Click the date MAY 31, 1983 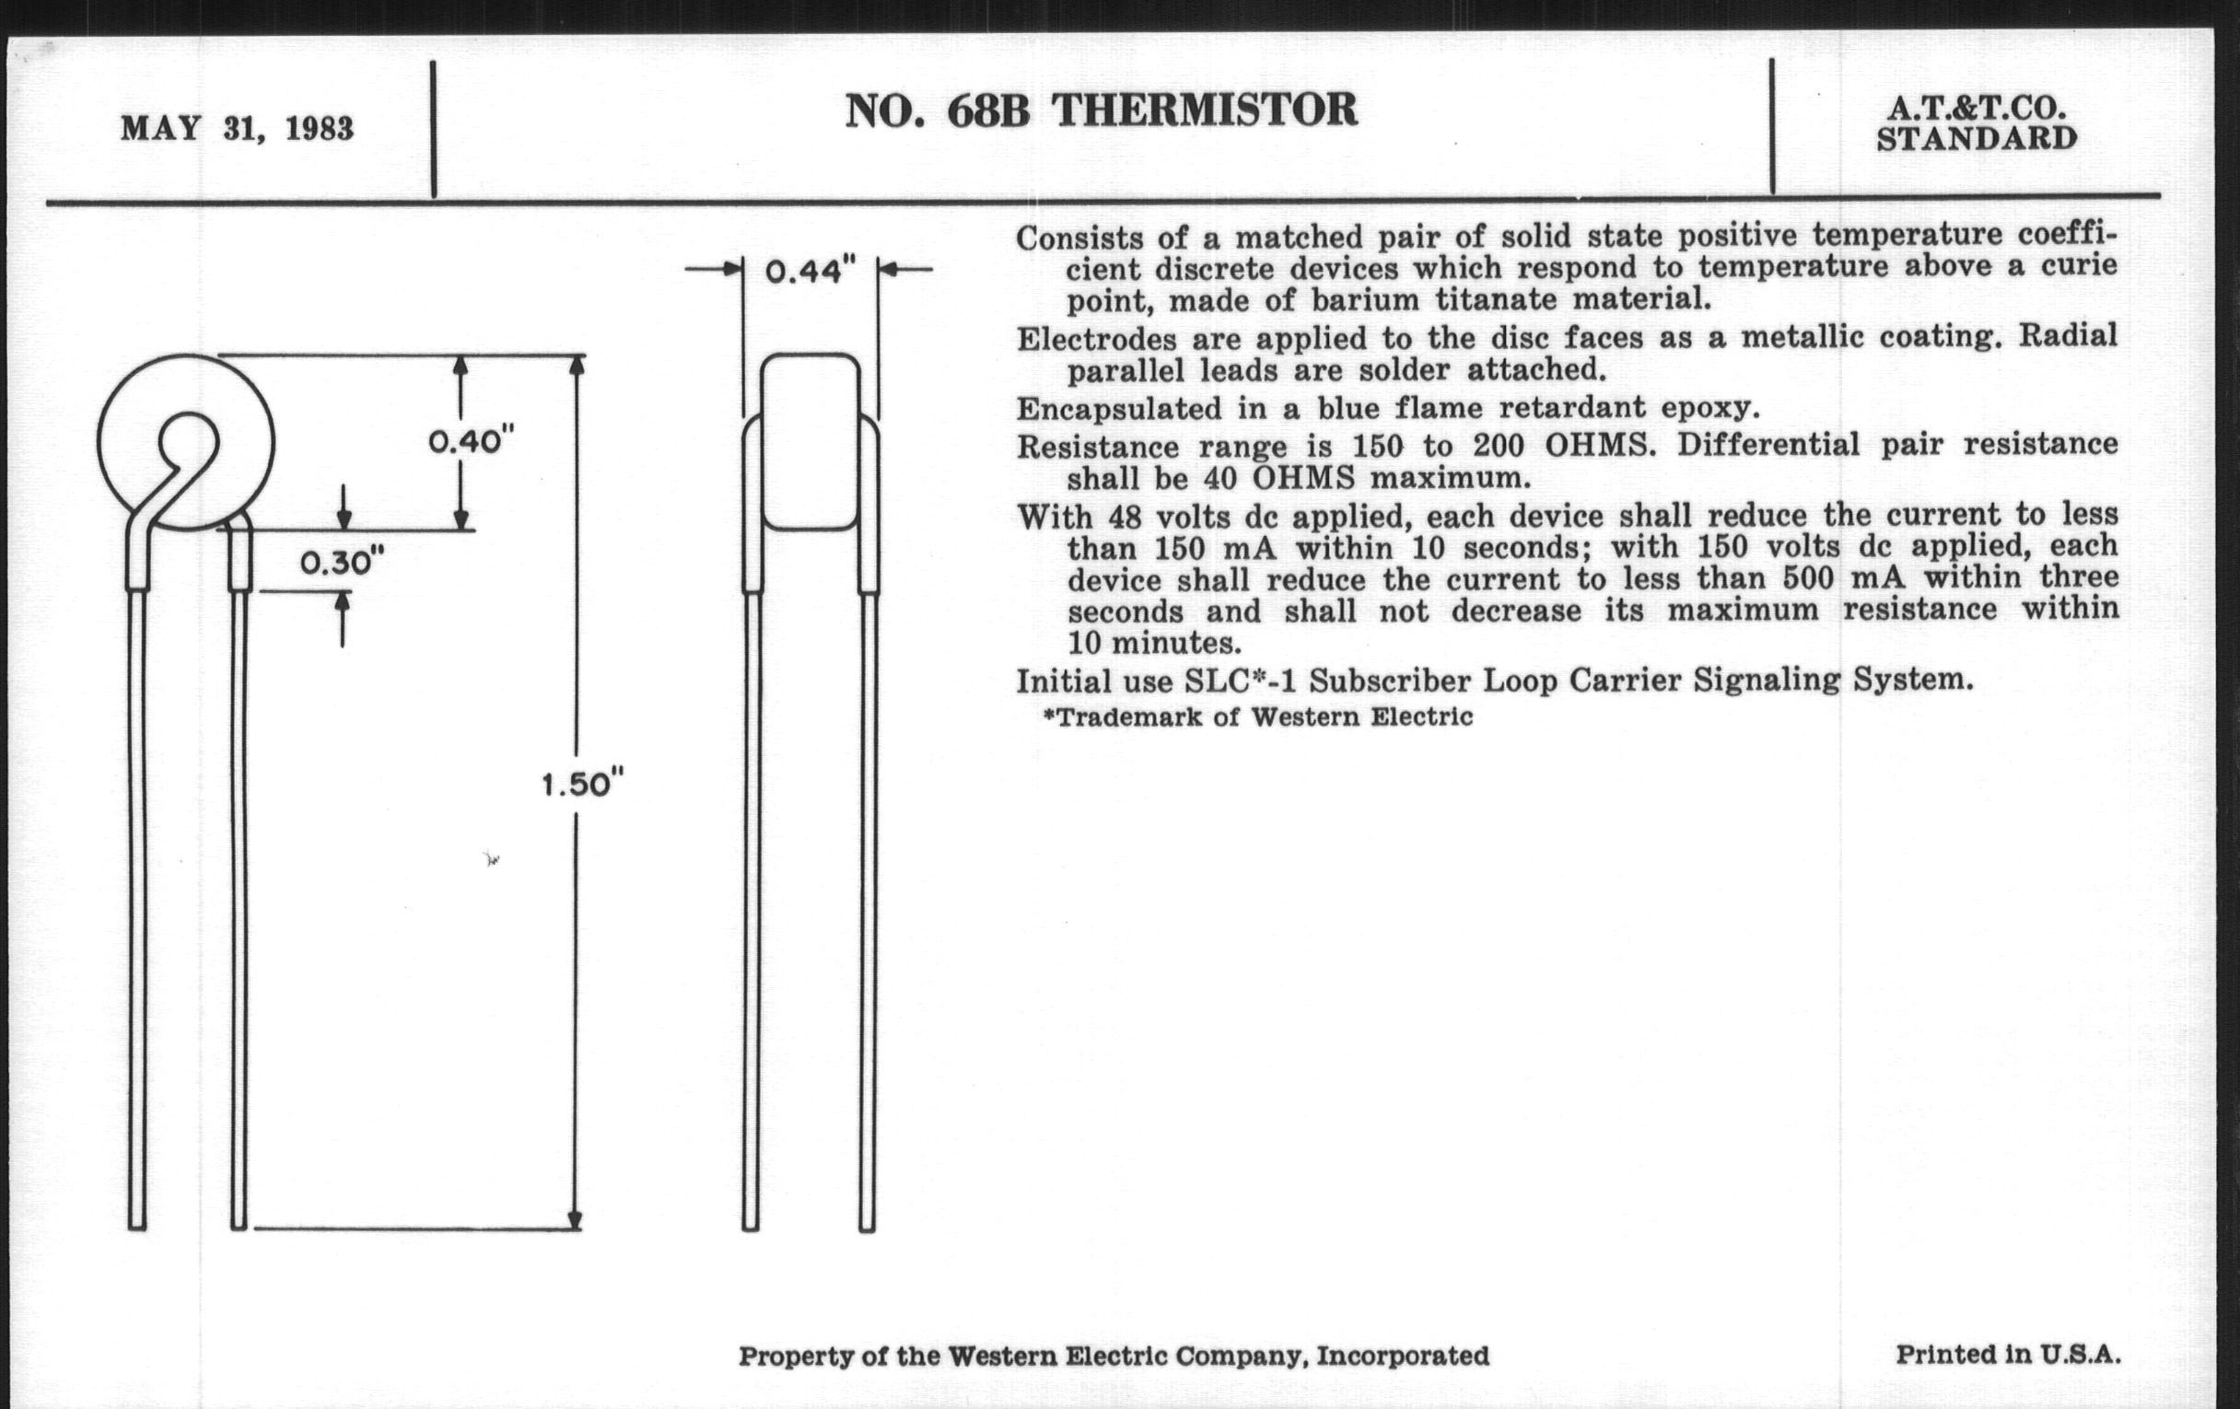tap(238, 128)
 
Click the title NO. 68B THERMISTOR tap(1101, 111)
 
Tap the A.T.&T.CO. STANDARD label tap(1976, 123)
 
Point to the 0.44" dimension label tap(810, 272)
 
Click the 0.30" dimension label tap(342, 562)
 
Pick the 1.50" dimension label tap(582, 784)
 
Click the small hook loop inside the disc tap(189, 442)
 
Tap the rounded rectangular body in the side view tap(811, 442)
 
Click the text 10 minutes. tap(1153, 643)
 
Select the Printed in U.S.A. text tap(2008, 1353)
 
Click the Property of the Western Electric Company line tap(1114, 1356)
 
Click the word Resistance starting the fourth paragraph tap(1098, 448)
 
